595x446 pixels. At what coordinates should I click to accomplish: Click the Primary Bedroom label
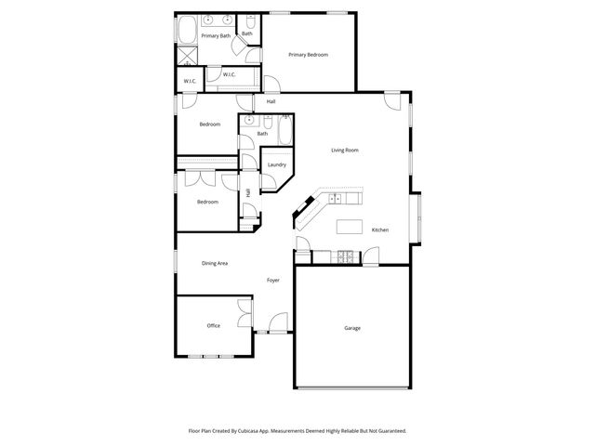coord(309,55)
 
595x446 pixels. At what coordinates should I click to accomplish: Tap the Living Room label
coord(345,150)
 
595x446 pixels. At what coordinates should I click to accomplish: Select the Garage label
coord(352,328)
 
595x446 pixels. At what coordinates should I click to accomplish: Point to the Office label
coord(213,325)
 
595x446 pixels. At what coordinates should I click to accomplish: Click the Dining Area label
coord(215,263)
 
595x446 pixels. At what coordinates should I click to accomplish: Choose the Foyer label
coord(273,280)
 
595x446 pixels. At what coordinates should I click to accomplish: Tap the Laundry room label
coord(276,165)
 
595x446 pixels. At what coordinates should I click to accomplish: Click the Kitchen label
coord(380,230)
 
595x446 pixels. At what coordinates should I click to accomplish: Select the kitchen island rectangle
coord(350,227)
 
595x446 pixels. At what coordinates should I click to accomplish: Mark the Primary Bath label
coord(216,36)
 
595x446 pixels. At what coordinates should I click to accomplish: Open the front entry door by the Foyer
coord(277,325)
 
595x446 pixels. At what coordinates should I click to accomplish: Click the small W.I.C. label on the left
coord(189,82)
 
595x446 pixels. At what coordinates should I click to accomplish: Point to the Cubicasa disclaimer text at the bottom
coord(297,431)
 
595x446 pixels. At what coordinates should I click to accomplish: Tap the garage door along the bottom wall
coord(352,387)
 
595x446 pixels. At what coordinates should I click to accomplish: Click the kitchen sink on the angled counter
coord(307,209)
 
